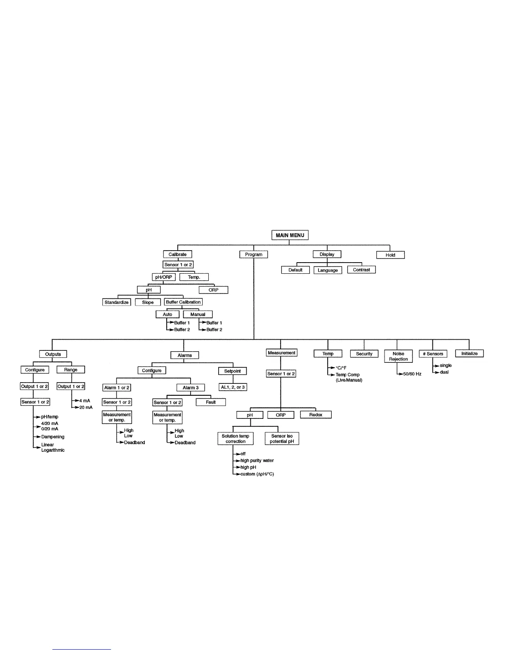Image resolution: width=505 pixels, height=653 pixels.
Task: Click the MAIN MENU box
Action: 290,235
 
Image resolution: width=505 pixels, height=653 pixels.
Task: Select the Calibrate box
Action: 177,254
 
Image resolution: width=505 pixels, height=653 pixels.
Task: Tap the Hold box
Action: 390,255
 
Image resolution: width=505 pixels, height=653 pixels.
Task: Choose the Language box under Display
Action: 328,270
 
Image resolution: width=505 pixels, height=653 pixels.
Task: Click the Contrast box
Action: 361,270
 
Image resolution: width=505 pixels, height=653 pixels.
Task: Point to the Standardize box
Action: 116,302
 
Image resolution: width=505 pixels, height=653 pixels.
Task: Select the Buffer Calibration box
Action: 183,302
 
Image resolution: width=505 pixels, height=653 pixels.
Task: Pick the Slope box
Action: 148,302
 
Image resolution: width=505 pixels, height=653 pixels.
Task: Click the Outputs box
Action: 53,354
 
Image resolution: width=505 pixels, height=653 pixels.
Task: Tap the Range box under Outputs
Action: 71,370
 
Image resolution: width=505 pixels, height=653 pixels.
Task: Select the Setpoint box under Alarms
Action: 232,371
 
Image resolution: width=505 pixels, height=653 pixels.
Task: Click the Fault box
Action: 210,402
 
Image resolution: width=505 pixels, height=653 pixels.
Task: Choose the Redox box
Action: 316,415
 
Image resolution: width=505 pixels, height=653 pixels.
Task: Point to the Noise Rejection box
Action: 398,356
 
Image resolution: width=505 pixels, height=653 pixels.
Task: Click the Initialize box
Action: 469,354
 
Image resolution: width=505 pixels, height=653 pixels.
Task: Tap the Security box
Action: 364,354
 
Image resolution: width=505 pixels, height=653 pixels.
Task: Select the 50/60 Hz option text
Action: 412,374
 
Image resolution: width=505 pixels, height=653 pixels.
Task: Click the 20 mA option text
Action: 86,407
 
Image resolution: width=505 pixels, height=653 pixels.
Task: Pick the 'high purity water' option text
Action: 257,460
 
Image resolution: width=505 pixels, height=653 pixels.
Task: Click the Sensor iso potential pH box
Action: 282,439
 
